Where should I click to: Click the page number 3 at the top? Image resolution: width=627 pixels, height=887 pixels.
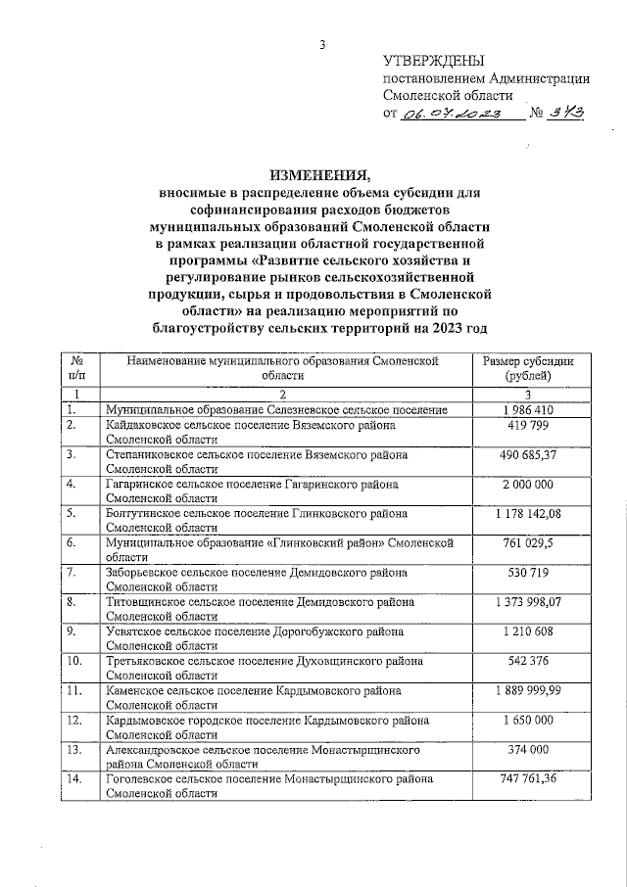click(322, 43)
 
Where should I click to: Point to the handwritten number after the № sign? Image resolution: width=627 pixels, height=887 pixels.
click(567, 114)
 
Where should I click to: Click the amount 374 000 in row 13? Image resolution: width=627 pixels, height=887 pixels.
click(528, 749)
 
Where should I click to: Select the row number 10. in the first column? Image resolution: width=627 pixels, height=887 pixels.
click(74, 661)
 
